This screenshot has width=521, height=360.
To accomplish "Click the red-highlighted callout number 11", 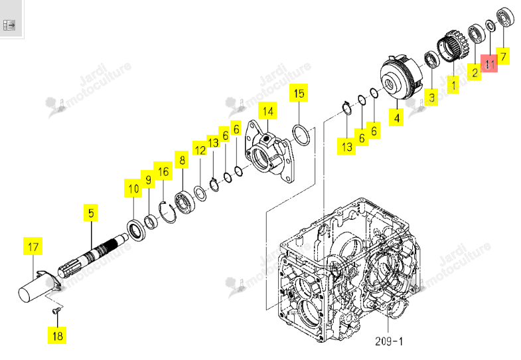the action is pos(489,63).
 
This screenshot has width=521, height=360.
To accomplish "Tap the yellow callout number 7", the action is pos(503,56).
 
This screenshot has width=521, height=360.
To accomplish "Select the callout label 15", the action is pos(299,93).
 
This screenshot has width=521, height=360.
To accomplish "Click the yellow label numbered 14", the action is pos(268,111).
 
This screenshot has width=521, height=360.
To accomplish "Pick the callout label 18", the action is pos(57,335).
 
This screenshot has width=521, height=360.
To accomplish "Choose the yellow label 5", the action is pos(91,213).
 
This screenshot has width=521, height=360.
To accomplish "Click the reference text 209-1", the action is pos(389,341).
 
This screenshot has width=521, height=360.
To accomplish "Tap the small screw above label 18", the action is pos(56,310).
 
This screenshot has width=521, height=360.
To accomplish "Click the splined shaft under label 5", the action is pos(93,255).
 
